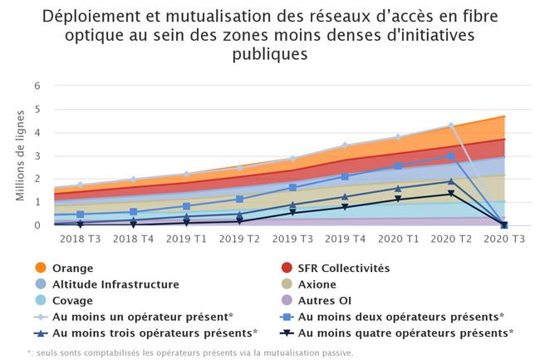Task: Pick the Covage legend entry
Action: point(72,300)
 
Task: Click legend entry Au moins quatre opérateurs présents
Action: point(405,333)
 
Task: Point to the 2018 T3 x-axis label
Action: point(80,239)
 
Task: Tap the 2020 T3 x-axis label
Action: point(504,239)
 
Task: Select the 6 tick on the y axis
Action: point(37,86)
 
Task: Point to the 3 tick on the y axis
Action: point(37,155)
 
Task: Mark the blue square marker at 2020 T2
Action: point(451,155)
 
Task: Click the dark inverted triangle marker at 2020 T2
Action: point(451,194)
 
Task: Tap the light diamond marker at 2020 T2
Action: point(451,126)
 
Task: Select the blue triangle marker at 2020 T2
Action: point(451,180)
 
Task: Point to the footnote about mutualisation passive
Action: point(190,352)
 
